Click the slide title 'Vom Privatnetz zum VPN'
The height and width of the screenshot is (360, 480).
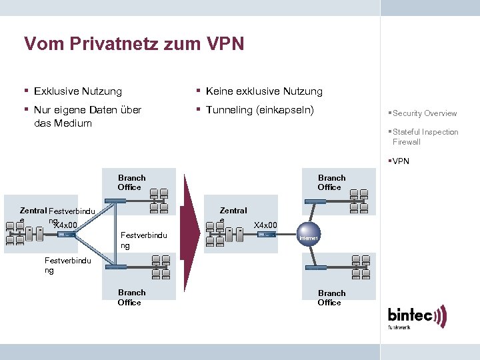(x=134, y=44)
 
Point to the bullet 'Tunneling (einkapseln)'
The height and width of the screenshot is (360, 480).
(x=259, y=109)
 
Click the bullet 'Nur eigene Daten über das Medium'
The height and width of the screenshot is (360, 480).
(x=87, y=116)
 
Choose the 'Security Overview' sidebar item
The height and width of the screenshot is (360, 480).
(x=425, y=113)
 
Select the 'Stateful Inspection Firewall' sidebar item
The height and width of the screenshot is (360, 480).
(x=425, y=137)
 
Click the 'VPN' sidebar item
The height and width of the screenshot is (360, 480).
(x=401, y=161)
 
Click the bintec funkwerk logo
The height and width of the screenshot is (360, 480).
(x=417, y=317)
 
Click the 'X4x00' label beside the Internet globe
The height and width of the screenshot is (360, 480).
(x=266, y=225)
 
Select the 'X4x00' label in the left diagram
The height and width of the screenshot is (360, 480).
(x=66, y=225)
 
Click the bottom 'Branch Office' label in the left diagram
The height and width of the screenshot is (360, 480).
(x=131, y=297)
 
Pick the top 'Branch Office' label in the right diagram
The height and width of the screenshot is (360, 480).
(x=331, y=183)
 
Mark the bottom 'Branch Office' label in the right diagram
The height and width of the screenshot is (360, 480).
(x=331, y=297)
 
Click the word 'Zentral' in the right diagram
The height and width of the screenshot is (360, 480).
(x=233, y=211)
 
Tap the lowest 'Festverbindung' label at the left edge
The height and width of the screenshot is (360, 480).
(x=67, y=265)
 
